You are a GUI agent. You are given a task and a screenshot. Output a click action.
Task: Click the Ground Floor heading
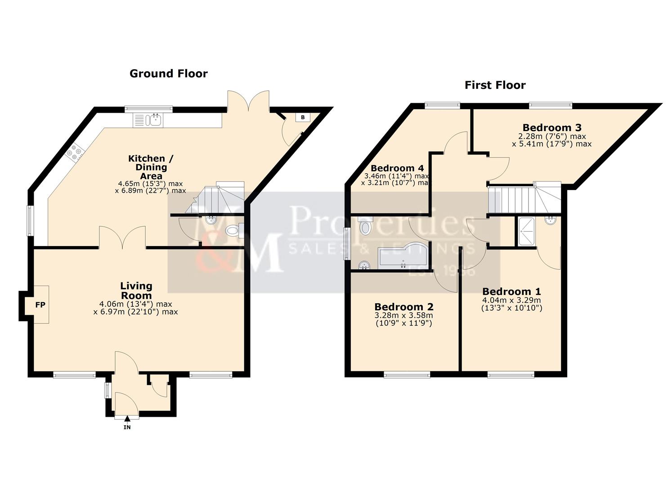(x=168, y=74)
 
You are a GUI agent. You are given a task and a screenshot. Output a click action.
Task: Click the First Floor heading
(x=495, y=85)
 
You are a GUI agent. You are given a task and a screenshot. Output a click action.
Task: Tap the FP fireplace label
(x=40, y=305)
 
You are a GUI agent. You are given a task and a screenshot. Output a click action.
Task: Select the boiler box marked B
(x=303, y=117)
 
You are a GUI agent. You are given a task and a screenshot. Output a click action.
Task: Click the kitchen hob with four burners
(x=75, y=153)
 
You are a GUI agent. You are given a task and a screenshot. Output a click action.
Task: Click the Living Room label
(x=136, y=291)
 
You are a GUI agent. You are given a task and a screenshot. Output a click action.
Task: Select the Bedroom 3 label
(x=552, y=128)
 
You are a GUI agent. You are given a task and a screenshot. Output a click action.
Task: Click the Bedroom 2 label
(x=404, y=307)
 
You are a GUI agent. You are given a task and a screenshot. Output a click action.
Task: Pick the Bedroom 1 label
(x=511, y=291)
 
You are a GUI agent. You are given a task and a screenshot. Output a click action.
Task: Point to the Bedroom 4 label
(x=397, y=168)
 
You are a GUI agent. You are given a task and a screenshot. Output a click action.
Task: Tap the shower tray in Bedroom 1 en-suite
(x=527, y=231)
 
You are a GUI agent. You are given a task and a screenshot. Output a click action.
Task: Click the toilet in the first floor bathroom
(x=365, y=227)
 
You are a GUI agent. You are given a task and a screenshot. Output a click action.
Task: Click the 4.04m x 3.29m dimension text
(x=511, y=300)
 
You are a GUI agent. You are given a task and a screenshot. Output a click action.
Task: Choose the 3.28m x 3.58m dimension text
(x=404, y=315)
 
